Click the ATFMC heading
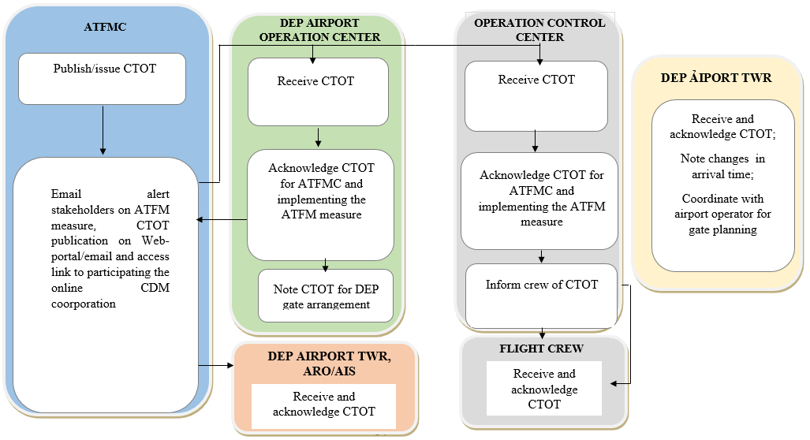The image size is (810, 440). click(x=105, y=28)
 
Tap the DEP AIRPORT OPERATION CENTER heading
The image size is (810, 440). click(x=319, y=30)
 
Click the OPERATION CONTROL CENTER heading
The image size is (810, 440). click(x=539, y=30)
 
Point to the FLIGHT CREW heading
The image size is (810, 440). click(x=536, y=348)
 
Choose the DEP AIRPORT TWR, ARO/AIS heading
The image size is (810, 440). click(x=324, y=363)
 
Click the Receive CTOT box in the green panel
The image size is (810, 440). click(x=317, y=91)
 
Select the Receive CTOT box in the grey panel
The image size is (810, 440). click(x=536, y=95)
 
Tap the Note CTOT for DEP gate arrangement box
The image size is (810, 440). click(x=326, y=296)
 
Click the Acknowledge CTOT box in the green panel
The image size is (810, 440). click(x=320, y=204)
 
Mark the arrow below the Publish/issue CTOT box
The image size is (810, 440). click(x=103, y=129)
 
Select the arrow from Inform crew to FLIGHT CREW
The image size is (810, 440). click(x=542, y=332)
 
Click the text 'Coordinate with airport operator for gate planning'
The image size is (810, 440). click(x=722, y=214)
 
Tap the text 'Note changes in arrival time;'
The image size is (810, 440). click(x=722, y=166)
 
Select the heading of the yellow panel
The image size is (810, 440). click(x=716, y=78)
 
